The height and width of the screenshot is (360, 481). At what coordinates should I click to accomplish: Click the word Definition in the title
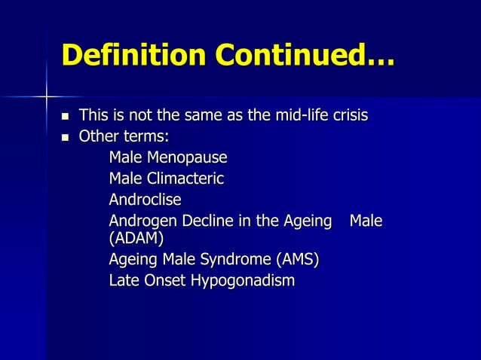point(133,55)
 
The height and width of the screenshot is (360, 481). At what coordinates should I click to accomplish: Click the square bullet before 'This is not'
point(65,117)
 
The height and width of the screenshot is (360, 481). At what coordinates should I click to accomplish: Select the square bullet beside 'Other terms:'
point(65,138)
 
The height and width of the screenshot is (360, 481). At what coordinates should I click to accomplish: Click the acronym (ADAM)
point(136,239)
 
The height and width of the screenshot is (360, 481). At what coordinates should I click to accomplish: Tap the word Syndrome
point(228,261)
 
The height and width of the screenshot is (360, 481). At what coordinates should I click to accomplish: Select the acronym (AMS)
point(297,261)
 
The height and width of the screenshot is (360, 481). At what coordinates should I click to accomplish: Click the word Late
point(124,281)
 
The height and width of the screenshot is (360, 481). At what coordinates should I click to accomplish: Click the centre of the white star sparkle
point(47,96)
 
